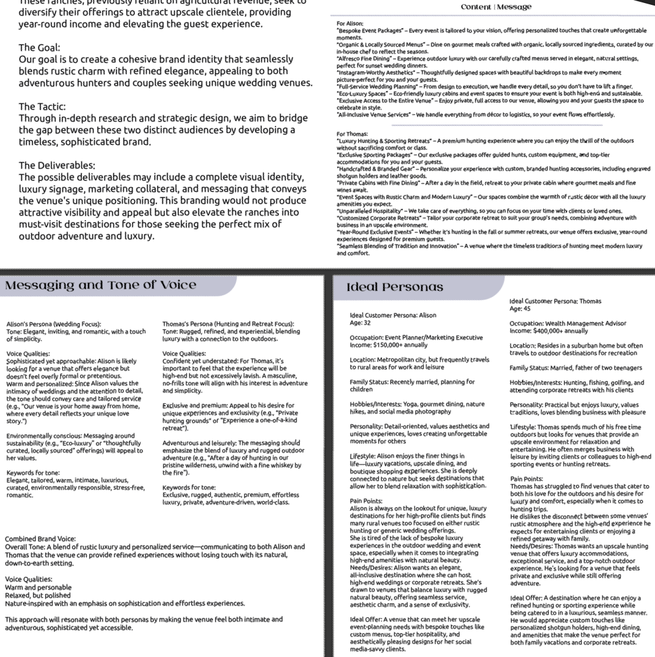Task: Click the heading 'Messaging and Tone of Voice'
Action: (x=101, y=285)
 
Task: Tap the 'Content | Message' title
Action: (x=496, y=7)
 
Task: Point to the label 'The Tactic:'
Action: (x=43, y=106)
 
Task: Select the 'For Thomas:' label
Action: (x=352, y=133)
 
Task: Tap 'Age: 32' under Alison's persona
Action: (x=353, y=323)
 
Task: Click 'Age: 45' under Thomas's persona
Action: (x=521, y=309)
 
